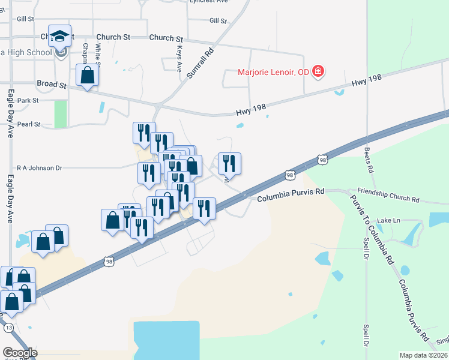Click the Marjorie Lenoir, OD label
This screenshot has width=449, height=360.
273,72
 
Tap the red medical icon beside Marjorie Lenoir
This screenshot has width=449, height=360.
318,72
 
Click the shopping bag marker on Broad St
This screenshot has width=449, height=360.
88,77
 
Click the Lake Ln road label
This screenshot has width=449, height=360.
388,221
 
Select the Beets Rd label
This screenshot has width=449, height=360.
369,161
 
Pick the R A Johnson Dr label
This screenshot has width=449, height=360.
40,168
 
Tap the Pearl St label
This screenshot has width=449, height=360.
29,124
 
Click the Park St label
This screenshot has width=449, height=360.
28,100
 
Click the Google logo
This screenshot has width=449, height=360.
20,353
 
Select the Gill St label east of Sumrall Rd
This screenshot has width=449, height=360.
218,20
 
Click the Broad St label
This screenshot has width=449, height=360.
50,83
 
